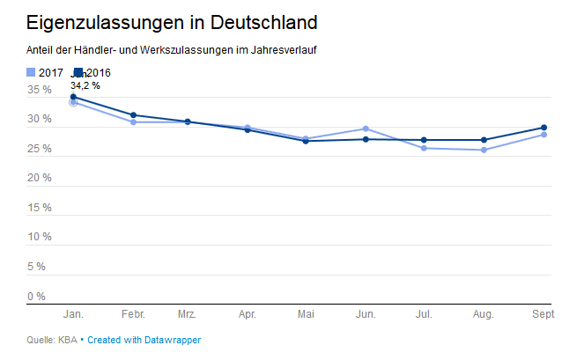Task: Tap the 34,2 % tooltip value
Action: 85,85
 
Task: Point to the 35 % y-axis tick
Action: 39,90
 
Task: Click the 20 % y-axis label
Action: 39,179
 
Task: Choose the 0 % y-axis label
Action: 36,296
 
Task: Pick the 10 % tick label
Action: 39,237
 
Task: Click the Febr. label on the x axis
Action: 133,314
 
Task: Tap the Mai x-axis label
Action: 306,314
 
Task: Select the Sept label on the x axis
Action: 544,314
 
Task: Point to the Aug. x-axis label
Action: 484,314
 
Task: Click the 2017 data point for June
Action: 366,129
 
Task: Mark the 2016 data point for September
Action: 544,128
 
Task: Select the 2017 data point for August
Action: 484,151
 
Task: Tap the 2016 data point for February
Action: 133,115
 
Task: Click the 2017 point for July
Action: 425,148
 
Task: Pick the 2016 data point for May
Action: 306,141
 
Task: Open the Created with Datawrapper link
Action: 150,340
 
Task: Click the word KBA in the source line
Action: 69,340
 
